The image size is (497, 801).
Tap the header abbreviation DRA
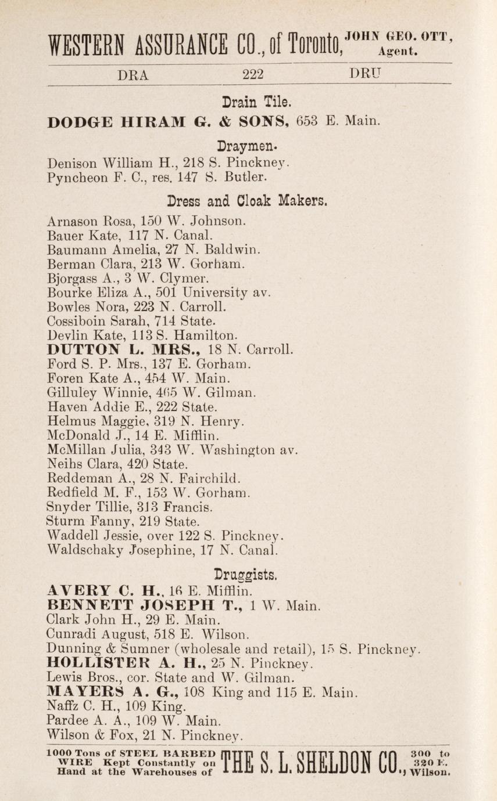[x=134, y=74]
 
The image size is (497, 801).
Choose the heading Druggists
[x=253, y=575]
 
